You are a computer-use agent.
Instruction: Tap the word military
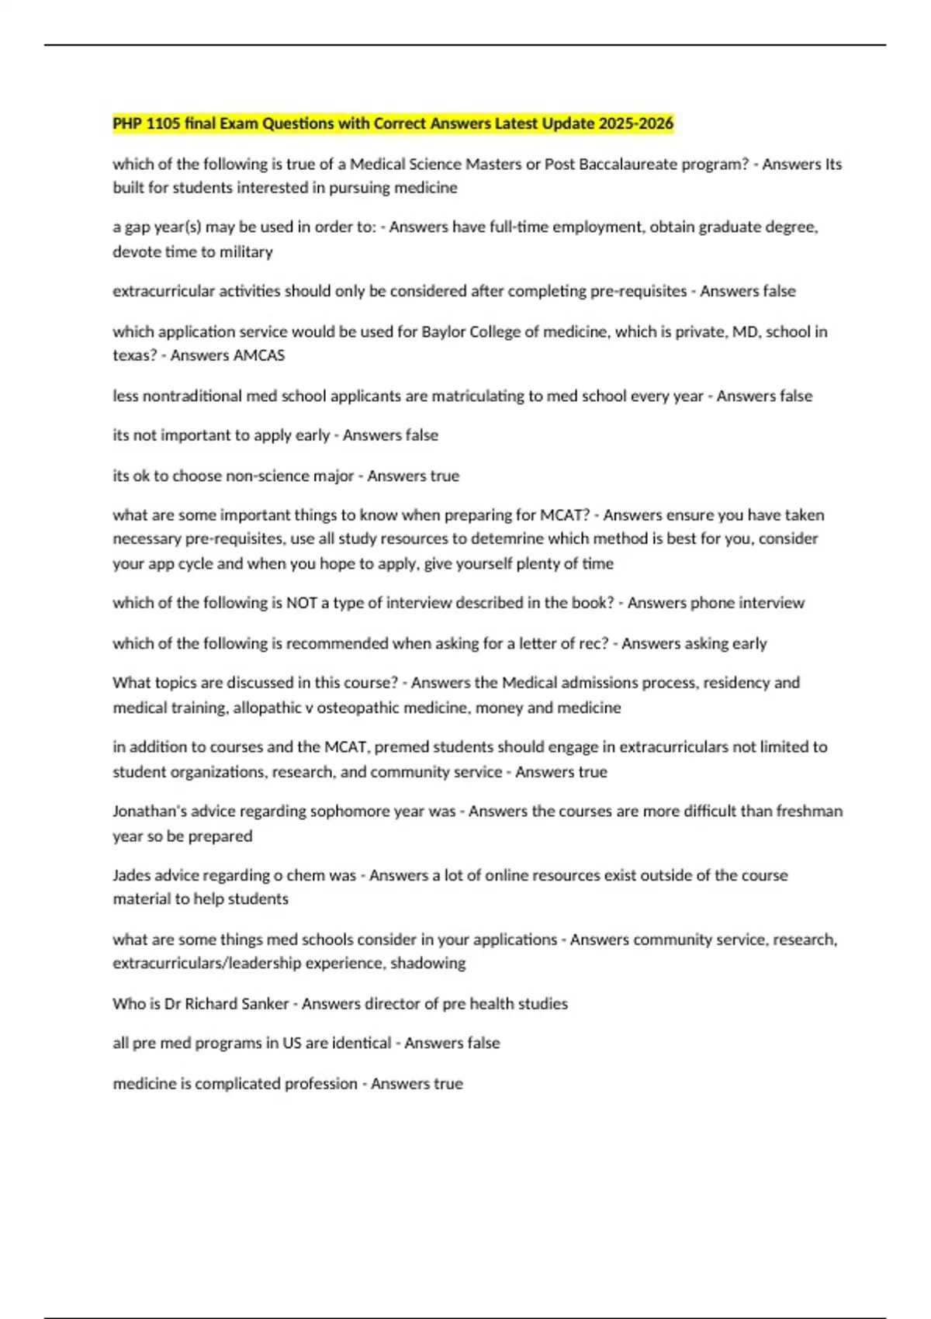pyautogui.click(x=246, y=251)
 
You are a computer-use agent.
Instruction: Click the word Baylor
pyautogui.click(x=441, y=331)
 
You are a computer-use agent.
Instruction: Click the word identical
pyautogui.click(x=361, y=1043)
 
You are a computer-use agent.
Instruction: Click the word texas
pyautogui.click(x=132, y=355)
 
